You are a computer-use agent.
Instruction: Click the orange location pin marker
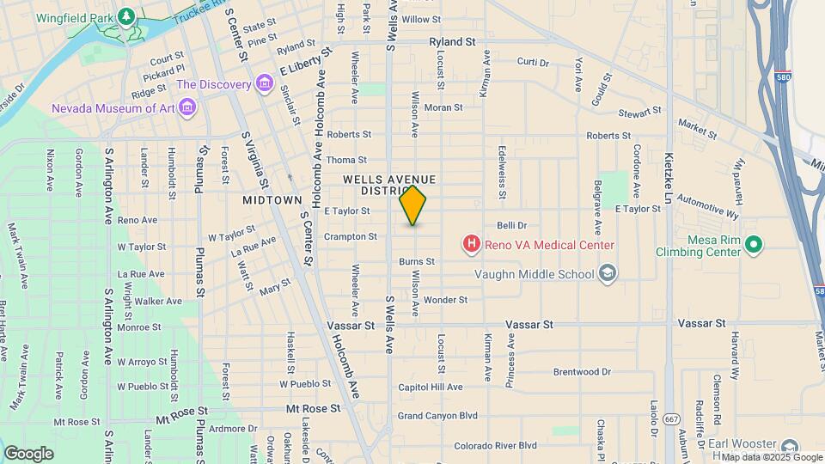click(x=413, y=205)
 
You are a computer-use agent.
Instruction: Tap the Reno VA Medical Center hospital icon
click(x=471, y=245)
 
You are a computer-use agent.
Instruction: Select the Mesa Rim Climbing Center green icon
click(x=753, y=245)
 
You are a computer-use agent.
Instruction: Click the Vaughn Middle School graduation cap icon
click(x=608, y=274)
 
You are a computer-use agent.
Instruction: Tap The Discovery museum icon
click(x=264, y=84)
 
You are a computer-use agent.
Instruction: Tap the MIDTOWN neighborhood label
click(x=272, y=199)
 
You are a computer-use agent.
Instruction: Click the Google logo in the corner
click(x=28, y=453)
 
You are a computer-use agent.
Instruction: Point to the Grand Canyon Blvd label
click(x=437, y=416)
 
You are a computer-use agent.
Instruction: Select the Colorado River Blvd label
click(x=495, y=446)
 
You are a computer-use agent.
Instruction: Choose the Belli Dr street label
click(x=511, y=226)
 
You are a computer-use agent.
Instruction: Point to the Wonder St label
click(x=445, y=300)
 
